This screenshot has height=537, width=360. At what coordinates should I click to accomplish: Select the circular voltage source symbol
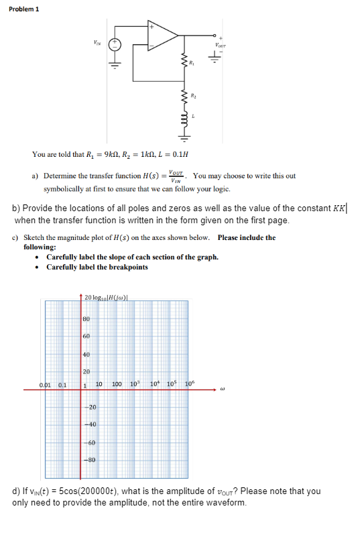click(x=115, y=43)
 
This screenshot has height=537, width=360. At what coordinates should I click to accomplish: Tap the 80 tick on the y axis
click(x=86, y=318)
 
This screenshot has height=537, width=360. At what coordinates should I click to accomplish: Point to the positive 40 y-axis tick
click(x=86, y=354)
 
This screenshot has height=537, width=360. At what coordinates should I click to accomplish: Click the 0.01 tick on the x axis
click(x=46, y=384)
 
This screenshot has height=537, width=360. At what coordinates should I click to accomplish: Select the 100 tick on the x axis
click(x=116, y=384)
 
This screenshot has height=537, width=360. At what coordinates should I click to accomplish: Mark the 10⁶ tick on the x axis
click(x=190, y=383)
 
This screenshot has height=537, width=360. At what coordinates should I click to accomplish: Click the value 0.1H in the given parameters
click(x=179, y=154)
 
